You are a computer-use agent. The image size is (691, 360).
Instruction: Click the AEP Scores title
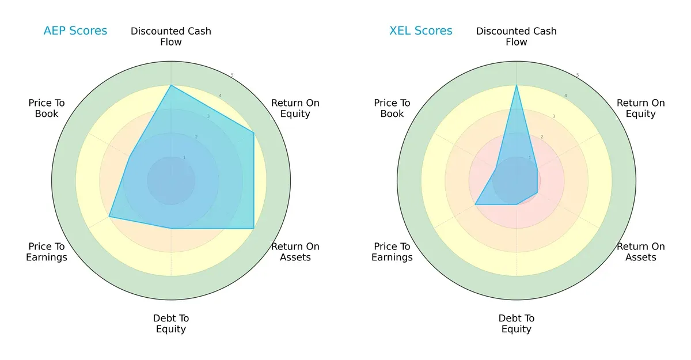(x=75, y=31)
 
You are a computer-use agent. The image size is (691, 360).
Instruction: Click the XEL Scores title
(x=421, y=31)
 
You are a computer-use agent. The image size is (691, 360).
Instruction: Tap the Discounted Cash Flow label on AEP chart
(x=171, y=36)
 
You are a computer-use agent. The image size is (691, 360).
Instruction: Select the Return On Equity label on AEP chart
(x=295, y=108)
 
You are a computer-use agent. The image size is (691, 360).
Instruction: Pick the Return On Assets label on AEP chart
(x=295, y=252)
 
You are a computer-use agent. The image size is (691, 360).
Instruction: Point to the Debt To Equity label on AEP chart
(x=171, y=324)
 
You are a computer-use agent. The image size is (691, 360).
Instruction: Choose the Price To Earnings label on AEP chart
(x=47, y=252)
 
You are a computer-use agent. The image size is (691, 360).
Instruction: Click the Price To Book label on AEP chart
(x=47, y=108)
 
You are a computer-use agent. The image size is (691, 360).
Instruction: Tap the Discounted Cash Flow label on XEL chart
(x=517, y=36)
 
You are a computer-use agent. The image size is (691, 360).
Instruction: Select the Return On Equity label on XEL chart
(x=641, y=108)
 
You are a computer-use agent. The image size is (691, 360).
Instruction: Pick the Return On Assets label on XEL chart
(x=641, y=252)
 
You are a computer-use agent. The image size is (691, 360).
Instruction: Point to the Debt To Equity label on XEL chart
(x=517, y=324)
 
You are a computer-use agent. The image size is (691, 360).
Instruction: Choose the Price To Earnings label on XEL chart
(x=392, y=252)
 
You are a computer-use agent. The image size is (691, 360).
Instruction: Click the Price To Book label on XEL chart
(x=392, y=108)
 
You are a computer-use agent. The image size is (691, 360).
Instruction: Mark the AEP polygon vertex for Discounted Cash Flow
(x=171, y=85)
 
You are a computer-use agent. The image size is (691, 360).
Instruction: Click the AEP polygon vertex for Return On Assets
(x=254, y=229)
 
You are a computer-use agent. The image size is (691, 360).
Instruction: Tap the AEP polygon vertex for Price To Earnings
(x=109, y=217)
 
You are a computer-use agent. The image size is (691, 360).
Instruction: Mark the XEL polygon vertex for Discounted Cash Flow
(x=517, y=85)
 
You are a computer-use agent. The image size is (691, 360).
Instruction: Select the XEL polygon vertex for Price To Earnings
(x=475, y=204)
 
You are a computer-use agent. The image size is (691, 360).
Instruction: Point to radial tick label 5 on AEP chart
(x=232, y=75)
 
